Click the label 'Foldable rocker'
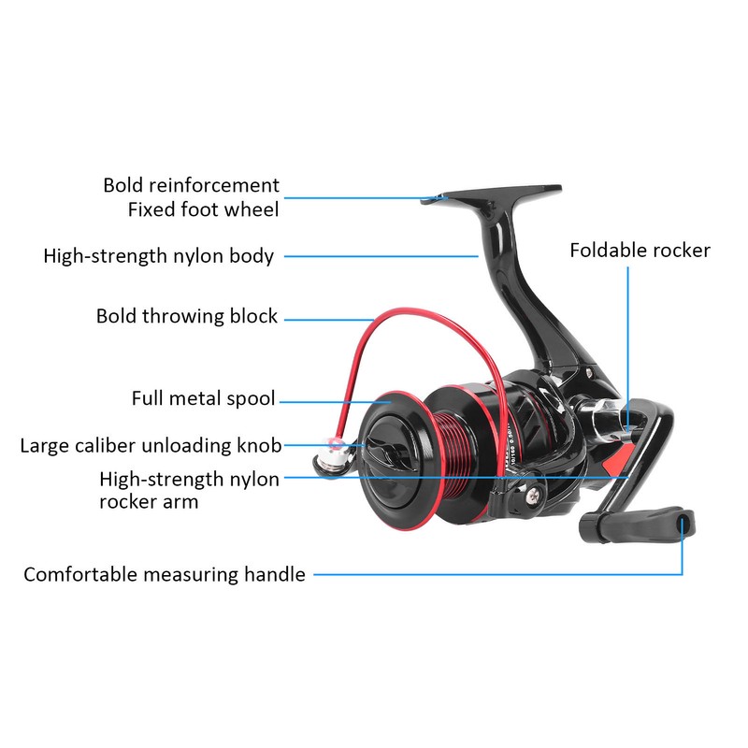(x=640, y=251)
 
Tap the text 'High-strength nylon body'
(x=159, y=256)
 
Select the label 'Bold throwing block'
(x=186, y=316)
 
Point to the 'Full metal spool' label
(x=203, y=398)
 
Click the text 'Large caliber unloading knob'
(x=151, y=446)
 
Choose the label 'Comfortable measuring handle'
(x=165, y=574)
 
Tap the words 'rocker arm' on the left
(x=149, y=502)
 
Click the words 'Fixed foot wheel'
(x=203, y=209)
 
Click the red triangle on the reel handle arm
(x=619, y=460)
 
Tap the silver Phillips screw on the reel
(x=533, y=495)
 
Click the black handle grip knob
(x=637, y=525)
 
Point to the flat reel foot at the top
(x=492, y=194)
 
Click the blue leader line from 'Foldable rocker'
(x=627, y=347)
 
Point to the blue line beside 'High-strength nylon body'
(x=381, y=256)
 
